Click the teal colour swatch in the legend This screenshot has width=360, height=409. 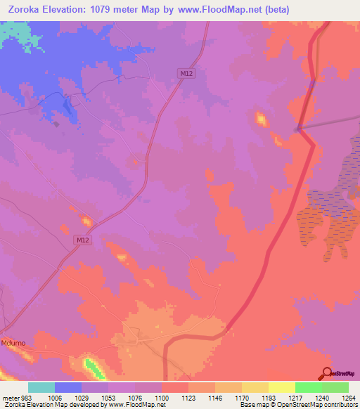41,387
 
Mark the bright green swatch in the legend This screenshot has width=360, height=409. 308,387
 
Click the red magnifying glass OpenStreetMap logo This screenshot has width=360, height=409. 328,372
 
